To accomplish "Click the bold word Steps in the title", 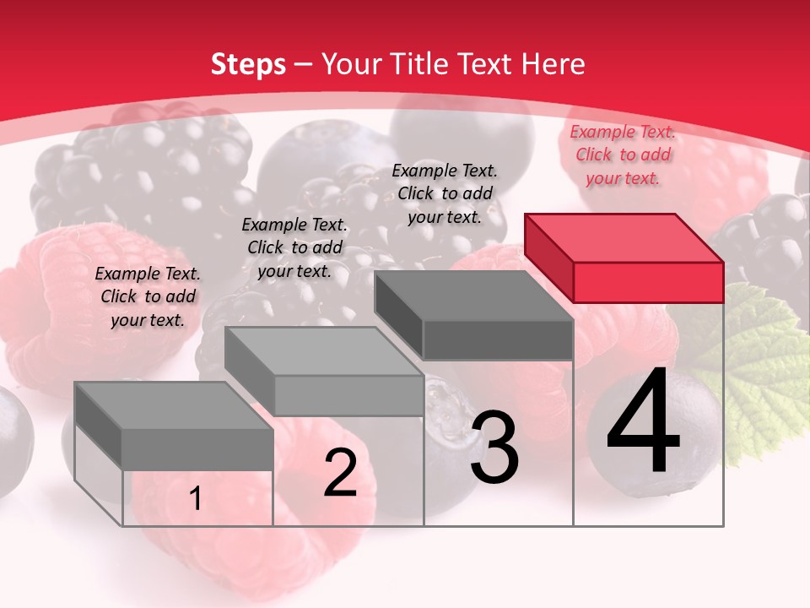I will click(x=248, y=64).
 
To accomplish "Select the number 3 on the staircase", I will click(x=494, y=448).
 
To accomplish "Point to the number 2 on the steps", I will click(x=340, y=473).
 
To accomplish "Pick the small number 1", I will click(x=195, y=499).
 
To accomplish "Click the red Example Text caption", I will click(x=623, y=155).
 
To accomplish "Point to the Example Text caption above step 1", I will click(x=148, y=296).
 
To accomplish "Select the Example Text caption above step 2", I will click(x=294, y=247).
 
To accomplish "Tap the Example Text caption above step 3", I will click(x=445, y=193).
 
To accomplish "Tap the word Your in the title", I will click(x=353, y=64).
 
